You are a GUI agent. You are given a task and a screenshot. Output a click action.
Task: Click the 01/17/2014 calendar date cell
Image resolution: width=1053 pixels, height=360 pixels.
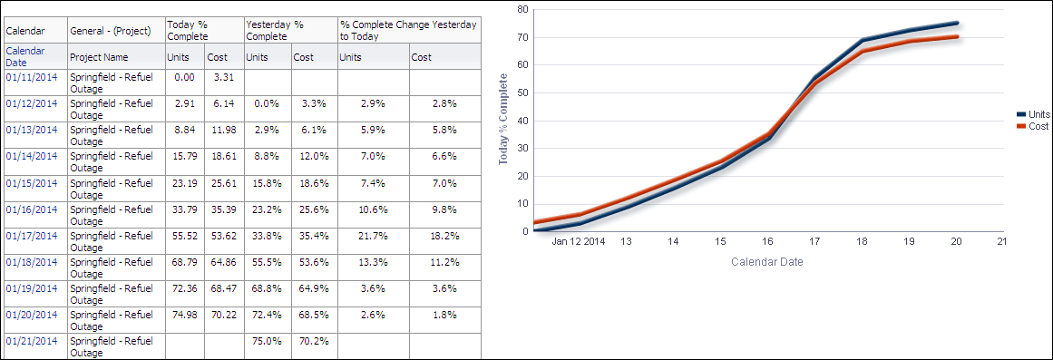tap(32, 235)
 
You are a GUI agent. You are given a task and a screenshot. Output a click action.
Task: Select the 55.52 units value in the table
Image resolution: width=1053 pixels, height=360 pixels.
tap(185, 235)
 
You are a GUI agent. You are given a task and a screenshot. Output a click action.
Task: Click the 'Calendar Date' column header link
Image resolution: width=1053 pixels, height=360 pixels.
tap(25, 56)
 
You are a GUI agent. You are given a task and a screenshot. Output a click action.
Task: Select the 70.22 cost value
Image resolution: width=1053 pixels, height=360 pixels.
tap(222, 314)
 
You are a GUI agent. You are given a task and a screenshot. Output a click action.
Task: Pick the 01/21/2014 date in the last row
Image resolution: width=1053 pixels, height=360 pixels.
tap(32, 340)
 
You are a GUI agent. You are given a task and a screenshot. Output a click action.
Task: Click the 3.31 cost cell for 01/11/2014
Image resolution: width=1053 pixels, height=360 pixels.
tap(222, 77)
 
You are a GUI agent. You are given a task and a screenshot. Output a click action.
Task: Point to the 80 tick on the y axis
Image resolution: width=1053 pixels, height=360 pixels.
tap(522, 9)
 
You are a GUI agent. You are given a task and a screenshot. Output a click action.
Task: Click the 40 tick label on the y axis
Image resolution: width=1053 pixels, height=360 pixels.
tap(522, 120)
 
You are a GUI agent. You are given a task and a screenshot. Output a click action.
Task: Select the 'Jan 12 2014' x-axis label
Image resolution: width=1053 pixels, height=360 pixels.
tap(579, 242)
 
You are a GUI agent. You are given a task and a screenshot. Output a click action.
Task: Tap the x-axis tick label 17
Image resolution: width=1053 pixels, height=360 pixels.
tap(814, 242)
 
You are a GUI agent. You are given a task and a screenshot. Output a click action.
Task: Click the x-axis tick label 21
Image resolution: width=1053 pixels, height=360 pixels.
tap(1001, 242)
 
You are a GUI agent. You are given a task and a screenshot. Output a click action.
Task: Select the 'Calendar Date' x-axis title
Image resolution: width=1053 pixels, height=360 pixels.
tap(766, 262)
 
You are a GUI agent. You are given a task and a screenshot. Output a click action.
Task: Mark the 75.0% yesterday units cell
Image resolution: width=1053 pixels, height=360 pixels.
tap(267, 340)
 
